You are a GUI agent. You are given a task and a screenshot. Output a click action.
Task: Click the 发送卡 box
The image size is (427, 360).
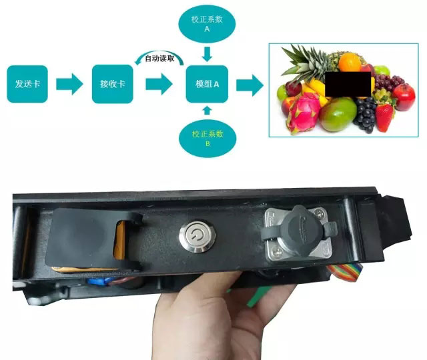click(27, 84)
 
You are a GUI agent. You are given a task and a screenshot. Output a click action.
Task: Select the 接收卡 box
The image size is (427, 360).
click(113, 84)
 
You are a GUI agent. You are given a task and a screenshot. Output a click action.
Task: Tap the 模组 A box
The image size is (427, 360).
click(207, 84)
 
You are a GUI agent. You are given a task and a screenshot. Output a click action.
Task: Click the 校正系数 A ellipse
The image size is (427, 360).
click(207, 24)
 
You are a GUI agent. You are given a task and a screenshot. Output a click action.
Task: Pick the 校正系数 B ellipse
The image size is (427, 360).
click(207, 139)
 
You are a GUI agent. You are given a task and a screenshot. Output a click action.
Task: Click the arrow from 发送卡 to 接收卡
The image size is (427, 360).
click(69, 84)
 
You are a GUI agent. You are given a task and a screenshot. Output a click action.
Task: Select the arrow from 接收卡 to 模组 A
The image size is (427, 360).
click(159, 84)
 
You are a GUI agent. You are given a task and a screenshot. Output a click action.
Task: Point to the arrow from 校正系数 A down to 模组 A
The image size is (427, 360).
click(207, 54)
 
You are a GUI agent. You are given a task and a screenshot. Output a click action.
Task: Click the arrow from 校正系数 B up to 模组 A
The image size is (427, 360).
click(207, 111)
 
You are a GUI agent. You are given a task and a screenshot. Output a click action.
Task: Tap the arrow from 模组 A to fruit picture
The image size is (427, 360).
click(250, 85)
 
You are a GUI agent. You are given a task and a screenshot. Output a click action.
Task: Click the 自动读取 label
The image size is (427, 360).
click(159, 59)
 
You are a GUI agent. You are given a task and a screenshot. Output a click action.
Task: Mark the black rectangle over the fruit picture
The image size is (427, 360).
click(348, 84)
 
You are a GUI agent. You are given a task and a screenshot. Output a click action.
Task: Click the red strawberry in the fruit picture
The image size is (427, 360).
click(384, 117)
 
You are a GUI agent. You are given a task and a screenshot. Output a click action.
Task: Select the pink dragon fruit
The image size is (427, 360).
click(303, 113)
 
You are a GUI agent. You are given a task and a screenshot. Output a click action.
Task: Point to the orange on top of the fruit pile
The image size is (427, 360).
click(350, 61)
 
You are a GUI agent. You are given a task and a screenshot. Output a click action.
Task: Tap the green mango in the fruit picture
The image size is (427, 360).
click(338, 114)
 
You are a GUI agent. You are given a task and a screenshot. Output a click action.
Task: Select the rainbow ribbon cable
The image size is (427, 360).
click(346, 271)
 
